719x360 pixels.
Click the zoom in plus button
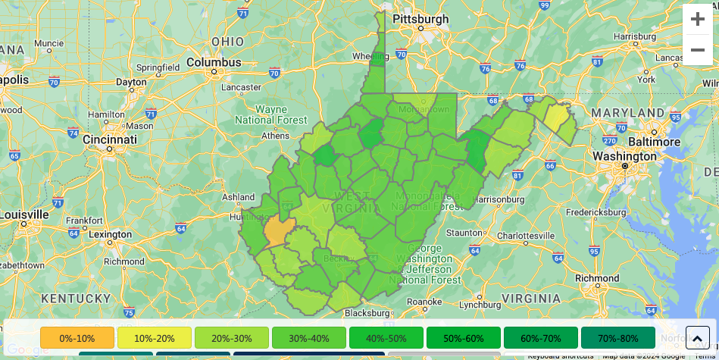click(x=697, y=20)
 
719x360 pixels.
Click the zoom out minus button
click(x=697, y=50)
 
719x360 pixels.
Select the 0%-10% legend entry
click(x=77, y=338)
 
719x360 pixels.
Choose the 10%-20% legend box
click(x=155, y=338)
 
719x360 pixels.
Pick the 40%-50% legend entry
click(x=386, y=338)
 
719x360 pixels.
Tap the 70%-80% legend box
click(x=618, y=338)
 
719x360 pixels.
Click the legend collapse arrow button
click(x=698, y=338)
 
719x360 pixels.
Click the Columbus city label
click(x=214, y=62)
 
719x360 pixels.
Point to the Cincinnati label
click(x=110, y=139)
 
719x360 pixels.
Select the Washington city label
click(x=625, y=156)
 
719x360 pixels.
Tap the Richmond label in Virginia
click(x=597, y=278)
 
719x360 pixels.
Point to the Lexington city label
click(x=110, y=234)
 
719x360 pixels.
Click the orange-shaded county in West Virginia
click(x=278, y=231)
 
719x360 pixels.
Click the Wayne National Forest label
click(x=270, y=114)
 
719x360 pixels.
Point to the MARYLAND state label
click(x=627, y=113)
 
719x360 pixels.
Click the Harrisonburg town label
click(x=499, y=199)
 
